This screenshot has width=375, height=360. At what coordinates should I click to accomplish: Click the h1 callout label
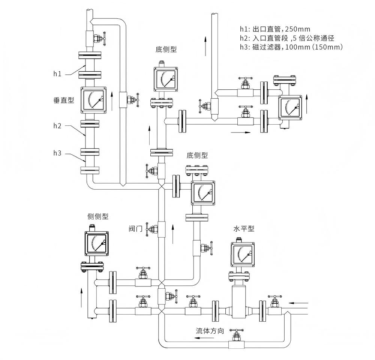(x=57, y=74)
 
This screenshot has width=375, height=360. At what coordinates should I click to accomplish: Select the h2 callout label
(x=57, y=126)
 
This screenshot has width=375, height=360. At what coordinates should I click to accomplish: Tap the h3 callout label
(x=57, y=153)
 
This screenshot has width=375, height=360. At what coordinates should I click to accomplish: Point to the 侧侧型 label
(x=97, y=217)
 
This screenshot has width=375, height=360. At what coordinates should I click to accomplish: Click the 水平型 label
(x=244, y=229)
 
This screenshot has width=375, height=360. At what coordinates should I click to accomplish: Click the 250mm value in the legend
(x=298, y=29)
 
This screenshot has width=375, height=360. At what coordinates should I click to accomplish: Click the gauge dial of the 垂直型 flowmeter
(x=94, y=101)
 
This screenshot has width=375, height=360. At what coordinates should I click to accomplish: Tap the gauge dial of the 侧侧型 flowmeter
(x=96, y=243)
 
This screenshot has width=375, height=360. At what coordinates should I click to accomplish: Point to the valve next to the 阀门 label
(x=153, y=229)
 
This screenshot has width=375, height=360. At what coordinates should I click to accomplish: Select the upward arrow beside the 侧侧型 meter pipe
(x=81, y=298)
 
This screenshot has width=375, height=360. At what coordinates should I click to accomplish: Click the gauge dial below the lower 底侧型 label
(x=203, y=193)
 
